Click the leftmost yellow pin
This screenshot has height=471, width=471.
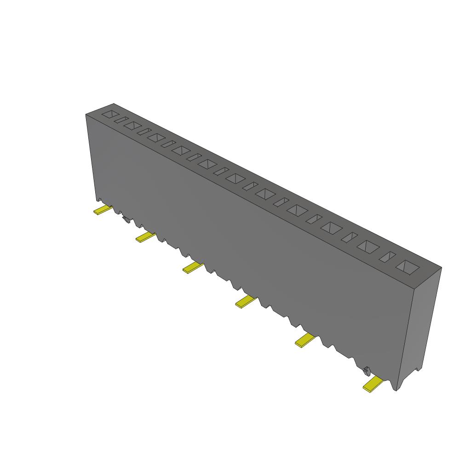tap(103, 210)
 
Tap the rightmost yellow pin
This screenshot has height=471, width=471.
tap(373, 384)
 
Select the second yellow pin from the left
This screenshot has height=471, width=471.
tap(145, 237)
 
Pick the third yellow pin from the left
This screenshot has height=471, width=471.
tap(193, 267)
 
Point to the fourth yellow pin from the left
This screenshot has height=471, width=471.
tap(246, 302)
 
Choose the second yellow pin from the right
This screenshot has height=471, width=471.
tap(304, 340)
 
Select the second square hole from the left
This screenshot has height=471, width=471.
tap(132, 125)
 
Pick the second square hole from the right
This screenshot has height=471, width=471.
tap(368, 246)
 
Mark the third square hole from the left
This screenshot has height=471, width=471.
tap(156, 137)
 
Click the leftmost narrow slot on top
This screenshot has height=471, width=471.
tap(121, 120)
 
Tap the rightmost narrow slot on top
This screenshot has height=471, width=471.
tap(387, 257)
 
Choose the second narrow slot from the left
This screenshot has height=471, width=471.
tap(144, 132)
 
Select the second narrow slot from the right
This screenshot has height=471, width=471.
tap(350, 237)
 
